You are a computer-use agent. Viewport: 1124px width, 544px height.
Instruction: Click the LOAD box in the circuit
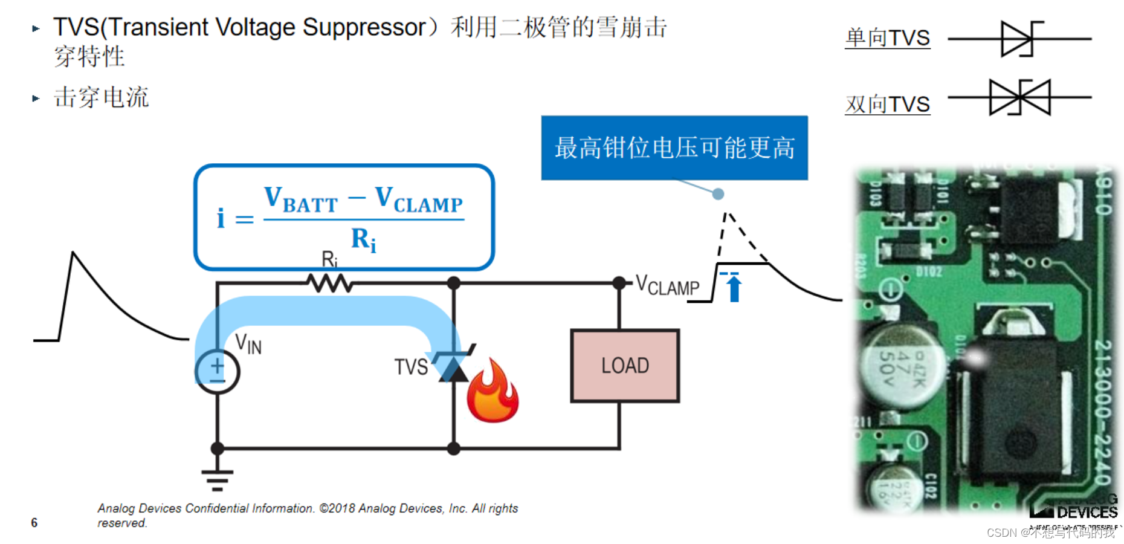tap(625, 366)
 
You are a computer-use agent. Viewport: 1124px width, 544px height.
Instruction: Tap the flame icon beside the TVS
tap(493, 392)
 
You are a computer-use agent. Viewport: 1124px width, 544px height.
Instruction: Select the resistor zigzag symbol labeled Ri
tap(329, 283)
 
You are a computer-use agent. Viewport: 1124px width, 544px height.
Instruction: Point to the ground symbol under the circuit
tap(218, 479)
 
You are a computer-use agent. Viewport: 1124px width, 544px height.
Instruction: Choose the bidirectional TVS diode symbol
tap(1019, 97)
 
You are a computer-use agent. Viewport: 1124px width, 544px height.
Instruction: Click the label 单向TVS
tap(887, 38)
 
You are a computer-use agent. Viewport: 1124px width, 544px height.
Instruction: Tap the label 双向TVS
tap(887, 105)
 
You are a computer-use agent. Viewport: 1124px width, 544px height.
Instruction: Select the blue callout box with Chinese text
tap(674, 147)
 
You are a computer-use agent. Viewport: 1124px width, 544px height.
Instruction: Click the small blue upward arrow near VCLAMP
tap(734, 288)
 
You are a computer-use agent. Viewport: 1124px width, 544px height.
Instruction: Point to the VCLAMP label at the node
tap(667, 285)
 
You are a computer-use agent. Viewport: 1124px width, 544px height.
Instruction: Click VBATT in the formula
tap(300, 200)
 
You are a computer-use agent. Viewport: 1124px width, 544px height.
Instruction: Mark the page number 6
tap(34, 522)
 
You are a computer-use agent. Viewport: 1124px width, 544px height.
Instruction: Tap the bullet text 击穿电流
tap(101, 97)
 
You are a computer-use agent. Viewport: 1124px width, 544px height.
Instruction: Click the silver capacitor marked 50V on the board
tap(900, 366)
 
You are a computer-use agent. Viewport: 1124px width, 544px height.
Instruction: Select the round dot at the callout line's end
tap(718, 194)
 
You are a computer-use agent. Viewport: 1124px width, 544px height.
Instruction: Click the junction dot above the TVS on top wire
tap(454, 283)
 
